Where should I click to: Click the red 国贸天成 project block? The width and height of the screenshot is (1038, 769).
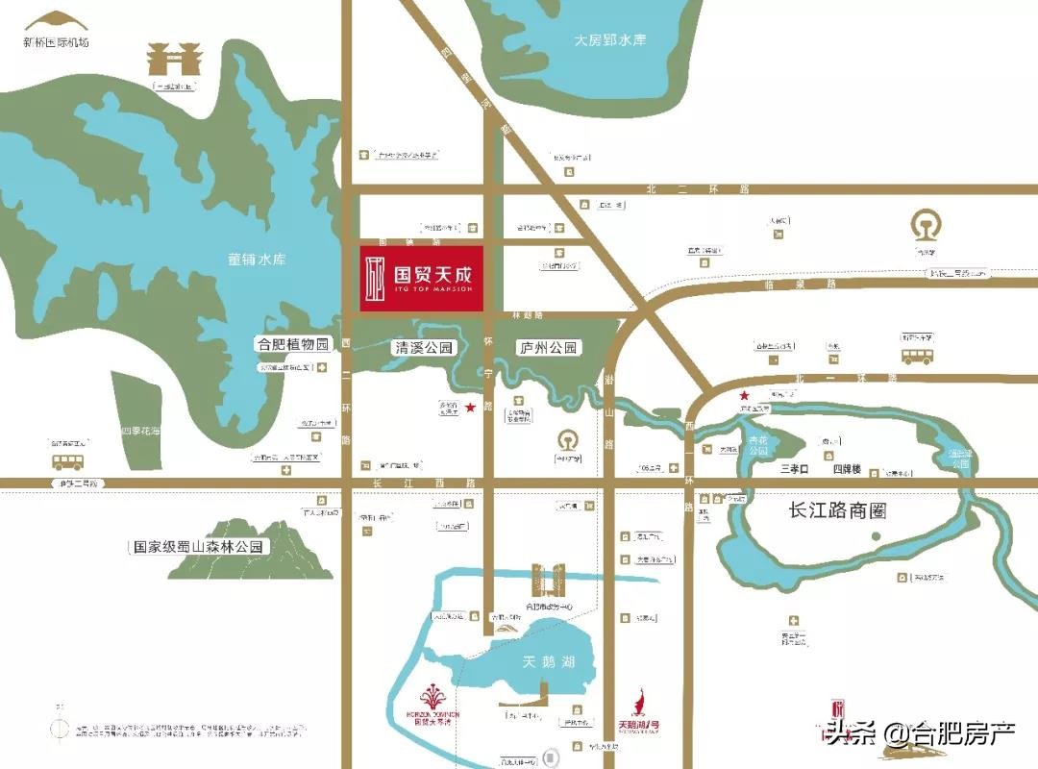coord(421,279)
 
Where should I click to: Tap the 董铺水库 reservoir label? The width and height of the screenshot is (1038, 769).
coord(258,260)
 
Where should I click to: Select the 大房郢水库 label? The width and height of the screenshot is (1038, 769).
coord(610,40)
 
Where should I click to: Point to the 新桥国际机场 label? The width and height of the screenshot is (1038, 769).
coord(56,42)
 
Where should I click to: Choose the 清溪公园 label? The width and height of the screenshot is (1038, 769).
coord(424,347)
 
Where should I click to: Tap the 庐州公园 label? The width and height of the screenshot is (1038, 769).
coord(547,347)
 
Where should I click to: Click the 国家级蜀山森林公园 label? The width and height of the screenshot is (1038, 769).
coord(199,547)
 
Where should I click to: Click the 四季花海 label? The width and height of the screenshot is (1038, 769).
coord(138,432)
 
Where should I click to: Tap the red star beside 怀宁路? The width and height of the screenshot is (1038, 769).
coord(470,409)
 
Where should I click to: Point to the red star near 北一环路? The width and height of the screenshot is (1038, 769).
coord(743,396)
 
